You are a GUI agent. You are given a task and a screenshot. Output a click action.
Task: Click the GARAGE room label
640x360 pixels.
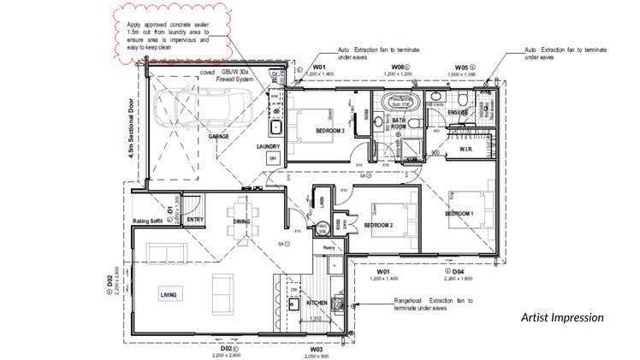[x=218, y=136]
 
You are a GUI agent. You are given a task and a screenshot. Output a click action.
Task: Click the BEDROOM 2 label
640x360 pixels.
[x=378, y=225]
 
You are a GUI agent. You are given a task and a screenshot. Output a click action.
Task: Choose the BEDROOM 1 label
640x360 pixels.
[x=459, y=214]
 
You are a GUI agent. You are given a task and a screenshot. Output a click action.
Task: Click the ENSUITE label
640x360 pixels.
[x=458, y=112]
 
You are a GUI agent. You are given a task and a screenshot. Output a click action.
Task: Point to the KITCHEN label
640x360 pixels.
[x=317, y=304]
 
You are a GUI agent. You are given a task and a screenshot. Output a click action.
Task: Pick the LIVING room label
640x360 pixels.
[x=169, y=295]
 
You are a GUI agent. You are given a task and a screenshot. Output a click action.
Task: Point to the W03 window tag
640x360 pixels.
[x=316, y=350]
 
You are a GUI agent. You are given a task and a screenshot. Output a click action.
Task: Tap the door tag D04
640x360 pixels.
[x=458, y=271]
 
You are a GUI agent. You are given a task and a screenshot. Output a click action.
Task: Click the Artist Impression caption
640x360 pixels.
[x=562, y=317]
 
